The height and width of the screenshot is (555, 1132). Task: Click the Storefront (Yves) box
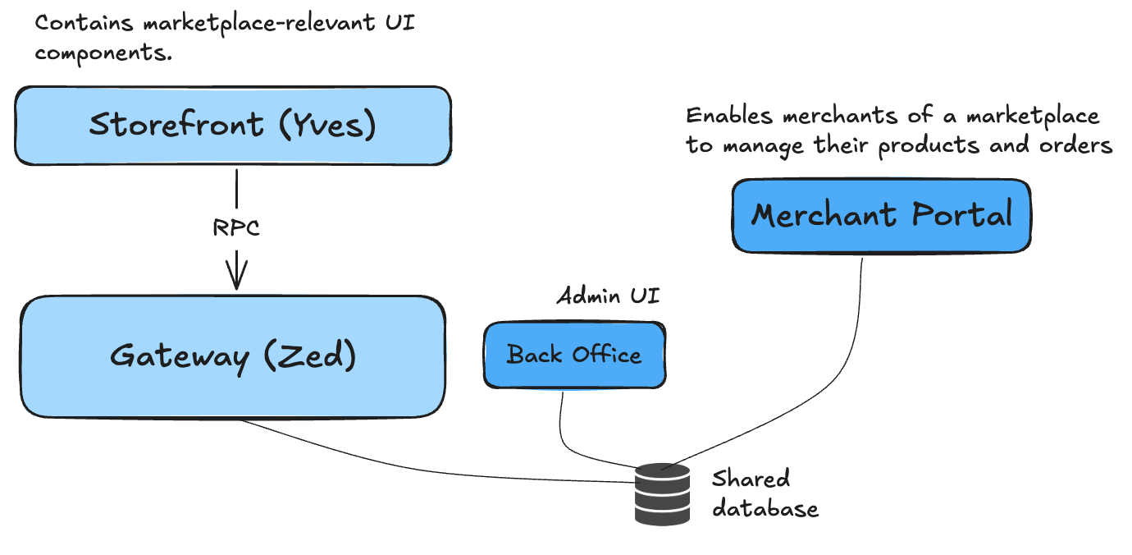pyautogui.click(x=232, y=126)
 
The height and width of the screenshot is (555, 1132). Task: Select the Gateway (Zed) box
pyautogui.click(x=232, y=356)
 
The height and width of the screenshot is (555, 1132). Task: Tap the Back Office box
pyautogui.click(x=574, y=355)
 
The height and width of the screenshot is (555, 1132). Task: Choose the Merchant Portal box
pyautogui.click(x=881, y=215)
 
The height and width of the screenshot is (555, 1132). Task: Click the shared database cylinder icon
pyautogui.click(x=663, y=493)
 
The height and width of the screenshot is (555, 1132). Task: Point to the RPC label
pyautogui.click(x=236, y=227)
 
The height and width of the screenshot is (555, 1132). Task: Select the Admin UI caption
pyautogui.click(x=608, y=296)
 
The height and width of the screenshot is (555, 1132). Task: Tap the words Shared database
pyautogui.click(x=764, y=493)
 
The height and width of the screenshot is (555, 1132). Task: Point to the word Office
pyautogui.click(x=606, y=355)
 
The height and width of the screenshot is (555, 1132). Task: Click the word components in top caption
pyautogui.click(x=98, y=53)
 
